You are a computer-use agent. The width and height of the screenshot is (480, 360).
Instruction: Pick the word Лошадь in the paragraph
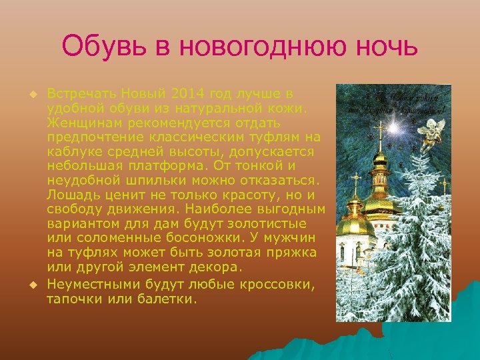coord(71,195)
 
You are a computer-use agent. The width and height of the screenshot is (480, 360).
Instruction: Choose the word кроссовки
coord(277,285)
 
